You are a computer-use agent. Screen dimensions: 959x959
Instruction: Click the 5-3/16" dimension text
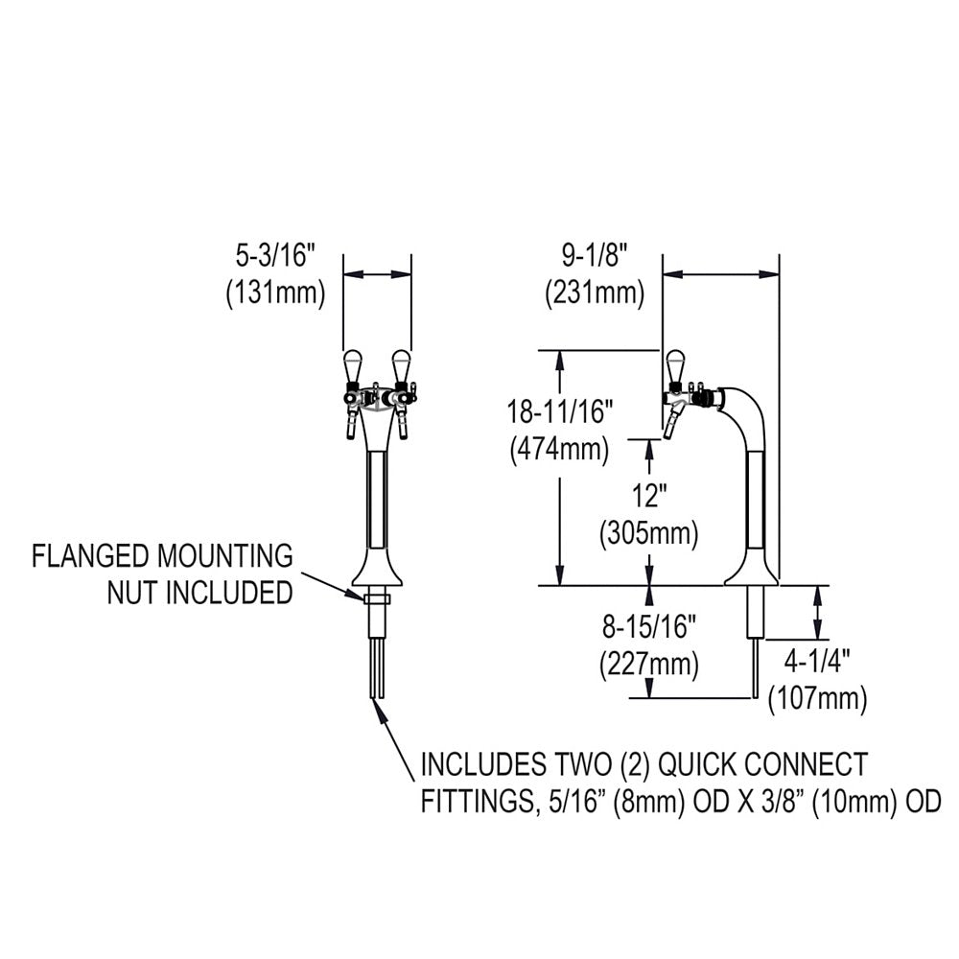tap(275, 257)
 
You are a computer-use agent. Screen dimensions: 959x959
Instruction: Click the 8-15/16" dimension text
tap(648, 628)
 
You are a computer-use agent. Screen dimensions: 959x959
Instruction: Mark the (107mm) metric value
tap(818, 697)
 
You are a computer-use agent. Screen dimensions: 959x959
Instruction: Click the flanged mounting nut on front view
tap(377, 597)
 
